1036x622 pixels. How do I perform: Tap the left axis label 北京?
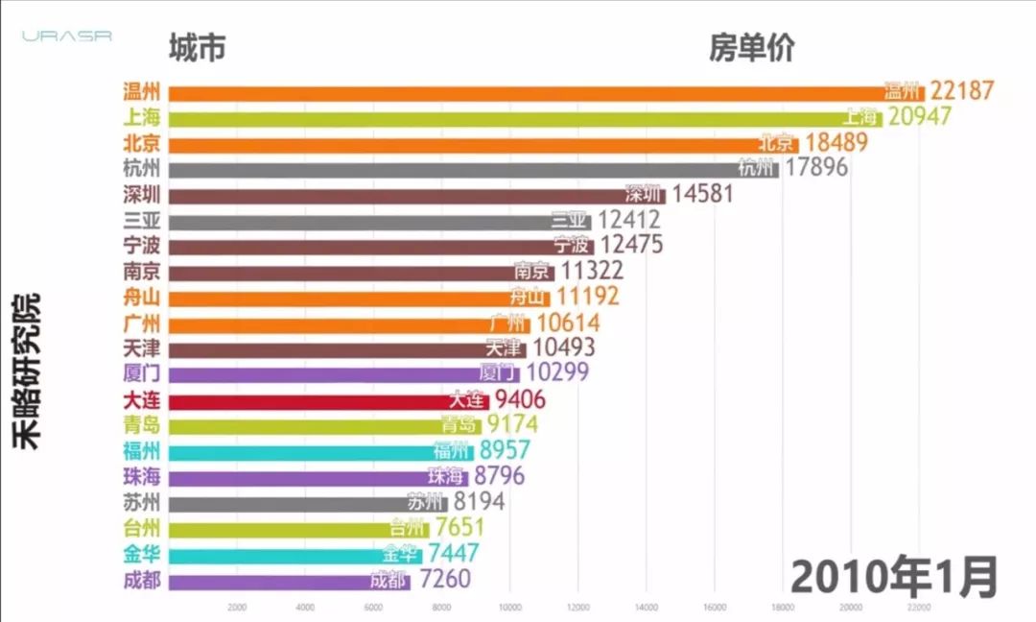pos(141,144)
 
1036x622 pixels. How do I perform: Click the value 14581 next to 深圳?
pos(702,194)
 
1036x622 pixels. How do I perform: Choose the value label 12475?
pos(630,245)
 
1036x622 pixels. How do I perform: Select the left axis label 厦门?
pos(141,373)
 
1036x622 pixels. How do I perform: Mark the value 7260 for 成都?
pos(445,580)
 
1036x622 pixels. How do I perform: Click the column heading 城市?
pos(197,48)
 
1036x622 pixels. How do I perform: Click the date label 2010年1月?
pos(894,577)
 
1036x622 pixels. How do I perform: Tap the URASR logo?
pos(67,36)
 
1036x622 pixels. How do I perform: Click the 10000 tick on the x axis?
pos(510,608)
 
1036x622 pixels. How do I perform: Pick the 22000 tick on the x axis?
pos(918,608)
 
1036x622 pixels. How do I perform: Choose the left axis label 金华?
pos(141,554)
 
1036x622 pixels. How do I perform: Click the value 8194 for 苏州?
pos(479,502)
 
